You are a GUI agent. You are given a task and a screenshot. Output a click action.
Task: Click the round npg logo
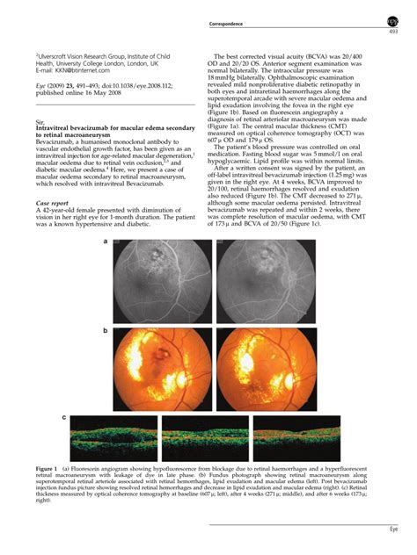coord(392,21)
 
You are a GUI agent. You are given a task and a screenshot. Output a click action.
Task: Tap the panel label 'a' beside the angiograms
coord(106,242)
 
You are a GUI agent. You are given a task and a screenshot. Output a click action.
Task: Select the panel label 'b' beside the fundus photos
coord(106,331)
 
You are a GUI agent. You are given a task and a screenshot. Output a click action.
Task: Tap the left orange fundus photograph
coord(162,369)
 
